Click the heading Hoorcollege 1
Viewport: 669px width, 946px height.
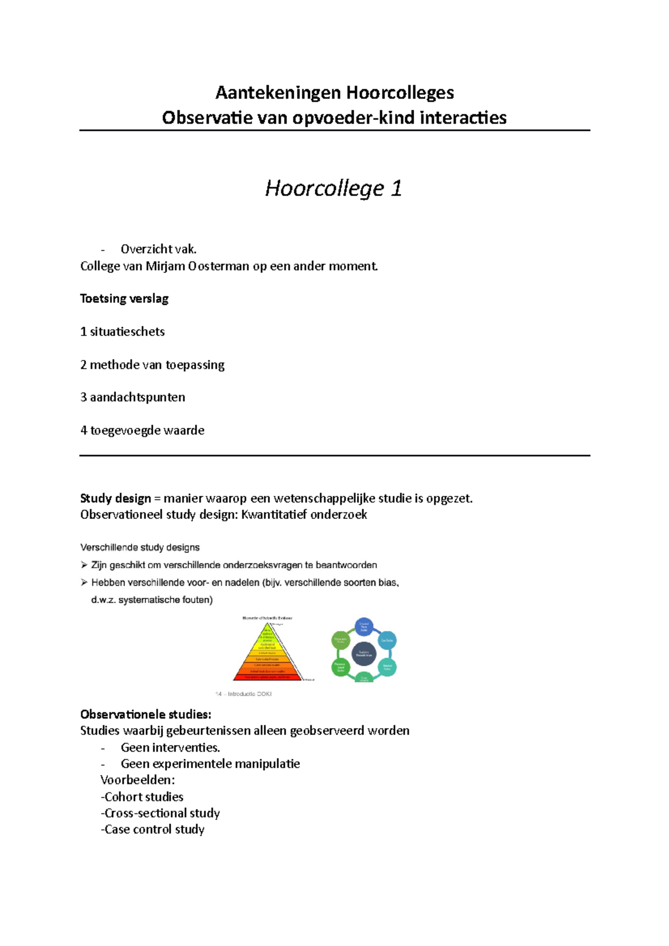click(333, 188)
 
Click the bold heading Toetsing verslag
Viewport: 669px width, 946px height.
click(124, 299)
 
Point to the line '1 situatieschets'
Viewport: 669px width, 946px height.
click(123, 332)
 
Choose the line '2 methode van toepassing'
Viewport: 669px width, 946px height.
click(152, 365)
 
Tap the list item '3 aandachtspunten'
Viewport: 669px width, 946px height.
click(133, 397)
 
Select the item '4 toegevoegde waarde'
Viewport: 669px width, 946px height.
click(142, 430)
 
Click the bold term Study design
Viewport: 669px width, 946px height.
click(115, 499)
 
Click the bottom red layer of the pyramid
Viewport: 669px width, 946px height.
click(268, 677)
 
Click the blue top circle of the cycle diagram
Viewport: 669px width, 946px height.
click(364, 627)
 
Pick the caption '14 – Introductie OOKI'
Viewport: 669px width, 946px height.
click(244, 694)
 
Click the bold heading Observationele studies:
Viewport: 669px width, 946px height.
click(146, 714)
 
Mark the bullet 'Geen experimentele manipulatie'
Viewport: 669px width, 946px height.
click(210, 764)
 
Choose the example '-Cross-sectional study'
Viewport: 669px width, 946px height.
click(160, 813)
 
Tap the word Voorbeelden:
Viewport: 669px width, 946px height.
click(138, 780)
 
